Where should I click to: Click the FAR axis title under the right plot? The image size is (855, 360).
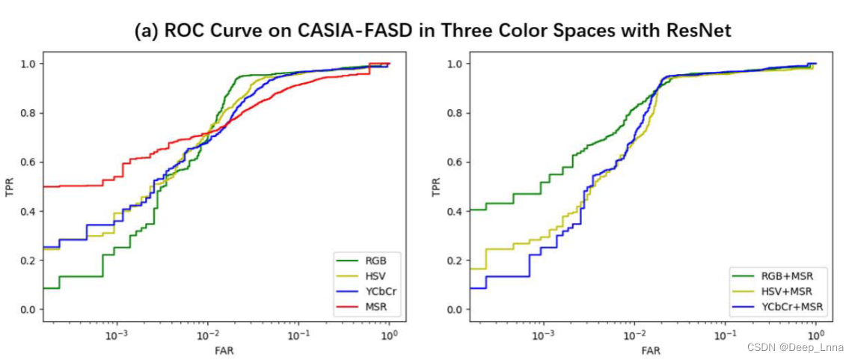click(x=651, y=350)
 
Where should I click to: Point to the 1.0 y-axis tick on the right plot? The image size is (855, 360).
click(x=454, y=64)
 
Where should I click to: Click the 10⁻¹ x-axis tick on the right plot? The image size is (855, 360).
click(x=724, y=335)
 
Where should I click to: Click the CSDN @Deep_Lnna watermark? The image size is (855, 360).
click(x=808, y=347)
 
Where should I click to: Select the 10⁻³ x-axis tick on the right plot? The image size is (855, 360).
click(x=543, y=335)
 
